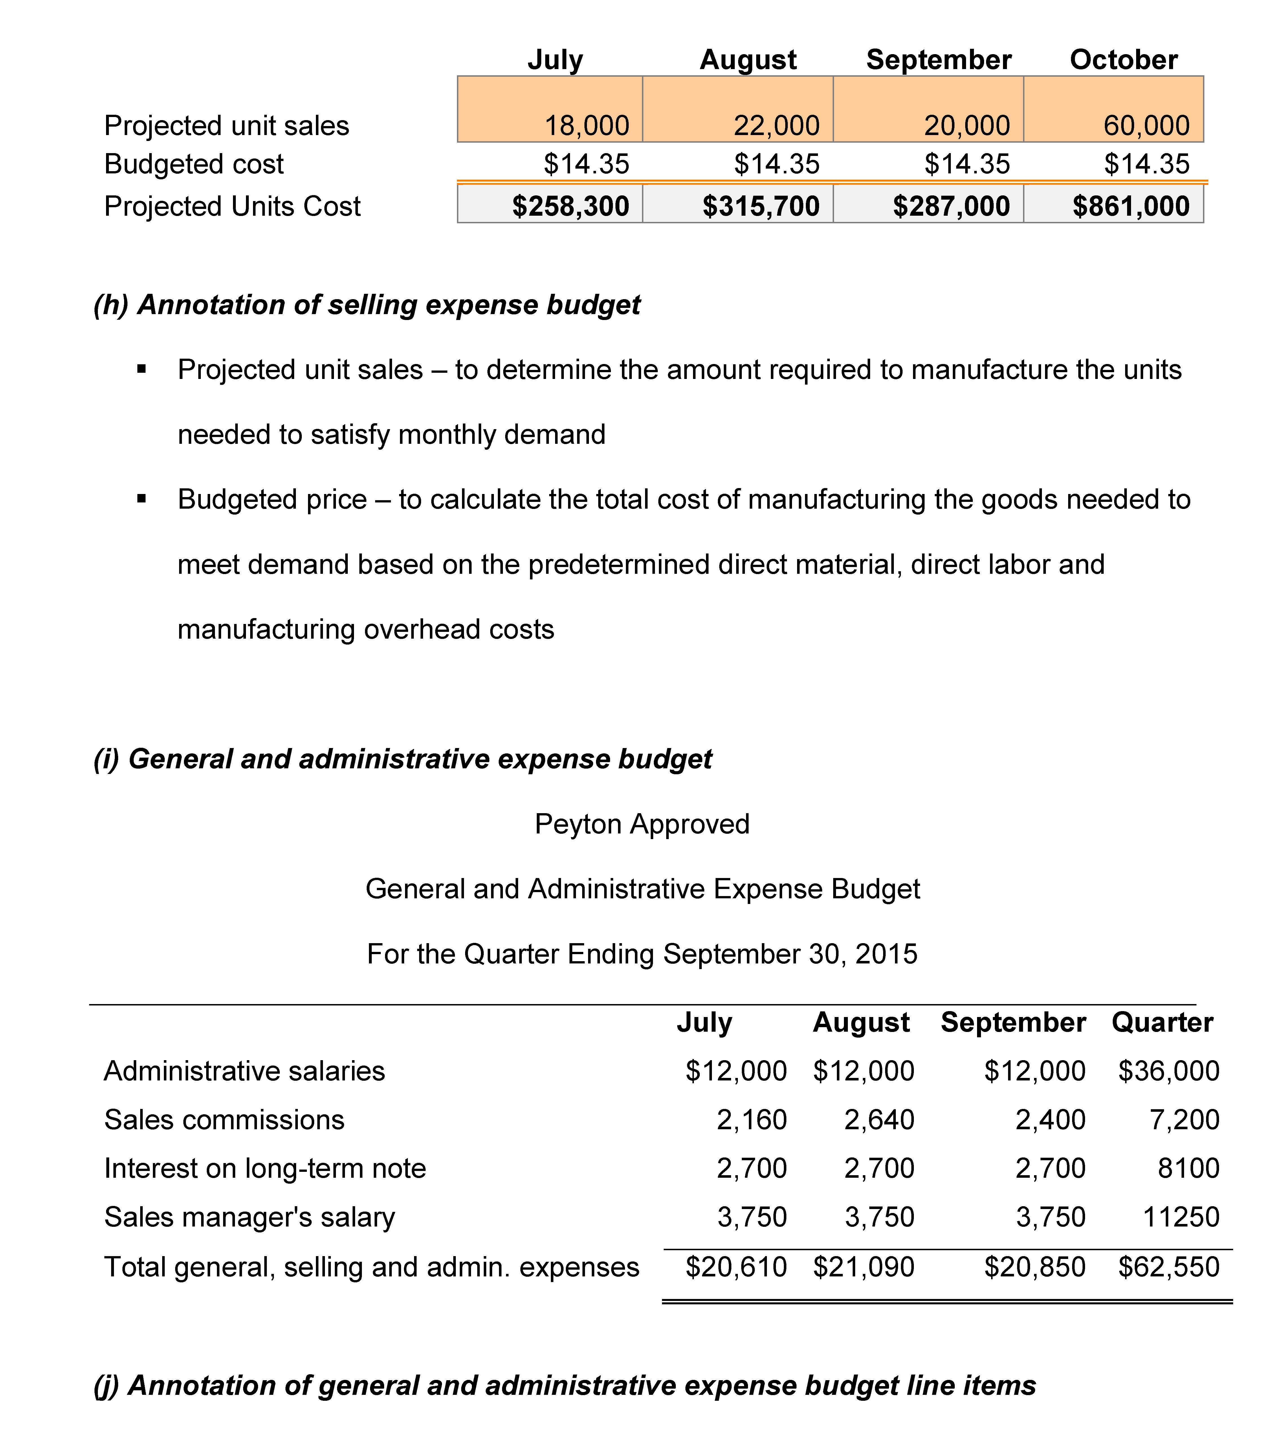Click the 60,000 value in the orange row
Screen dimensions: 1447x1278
point(1146,126)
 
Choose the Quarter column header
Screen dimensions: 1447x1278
point(1162,1022)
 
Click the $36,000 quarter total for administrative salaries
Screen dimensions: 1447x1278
point(1168,1071)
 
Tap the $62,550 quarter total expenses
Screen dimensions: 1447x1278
point(1168,1267)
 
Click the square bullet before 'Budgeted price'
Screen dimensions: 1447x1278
point(142,499)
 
